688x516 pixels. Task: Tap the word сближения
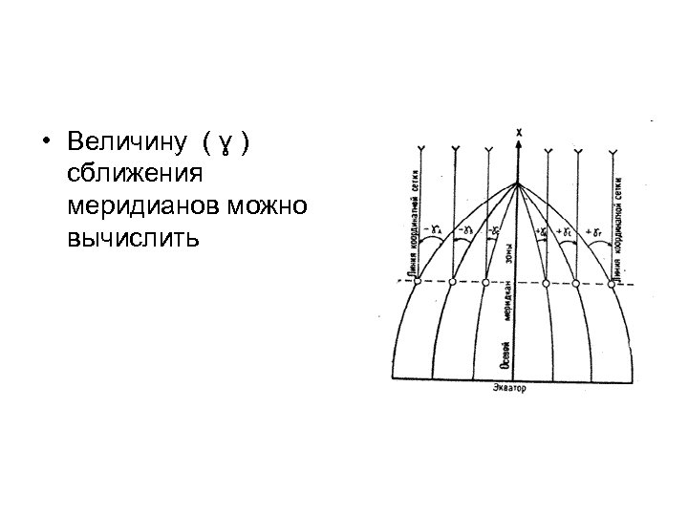coord(132,174)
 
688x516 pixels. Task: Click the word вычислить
coord(132,237)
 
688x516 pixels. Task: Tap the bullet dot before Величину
coord(47,143)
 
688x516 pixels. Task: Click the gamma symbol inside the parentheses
coord(226,144)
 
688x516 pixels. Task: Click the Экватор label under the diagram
coord(510,389)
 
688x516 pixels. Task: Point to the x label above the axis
coord(519,131)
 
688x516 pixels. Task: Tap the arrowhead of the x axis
coord(519,143)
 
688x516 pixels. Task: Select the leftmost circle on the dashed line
coord(414,282)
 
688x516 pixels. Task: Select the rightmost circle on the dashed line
coord(613,282)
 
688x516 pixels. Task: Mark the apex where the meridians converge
coord(518,183)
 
